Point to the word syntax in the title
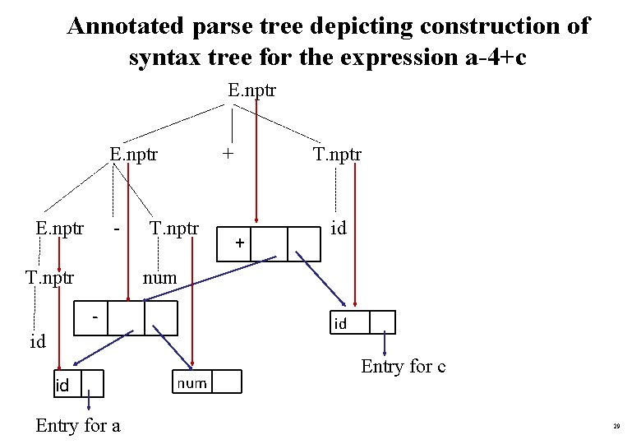coord(164,59)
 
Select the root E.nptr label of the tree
coord(251,89)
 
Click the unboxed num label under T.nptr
coord(159,278)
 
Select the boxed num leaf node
coord(191,382)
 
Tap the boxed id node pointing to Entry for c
coord(339,323)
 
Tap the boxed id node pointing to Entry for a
coord(62,384)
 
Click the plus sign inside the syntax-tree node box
coord(238,243)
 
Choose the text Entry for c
coord(403,367)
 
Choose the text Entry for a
coord(78,425)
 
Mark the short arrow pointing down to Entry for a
coord(90,401)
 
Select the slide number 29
coord(616,427)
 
